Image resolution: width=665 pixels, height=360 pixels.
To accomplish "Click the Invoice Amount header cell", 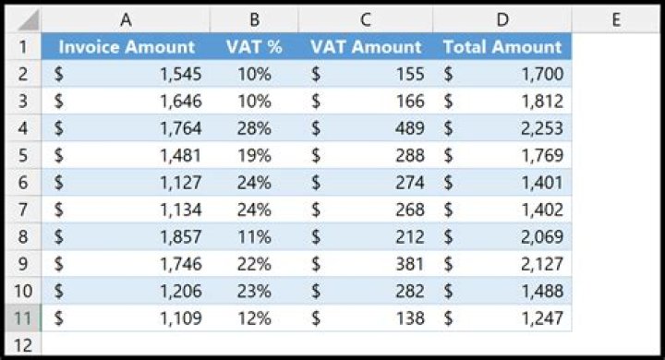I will (127, 47).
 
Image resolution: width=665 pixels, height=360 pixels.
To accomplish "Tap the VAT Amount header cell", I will (366, 47).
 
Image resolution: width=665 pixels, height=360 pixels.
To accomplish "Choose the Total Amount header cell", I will (502, 47).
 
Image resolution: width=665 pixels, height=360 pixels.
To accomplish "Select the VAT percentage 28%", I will (253, 128).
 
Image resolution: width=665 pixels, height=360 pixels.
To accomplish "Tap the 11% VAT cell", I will (253, 237).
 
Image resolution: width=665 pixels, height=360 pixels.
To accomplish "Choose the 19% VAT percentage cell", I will (253, 156).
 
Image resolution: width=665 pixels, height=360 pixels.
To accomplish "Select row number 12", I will (22, 345).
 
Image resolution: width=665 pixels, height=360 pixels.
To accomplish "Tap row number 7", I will (22, 210).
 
